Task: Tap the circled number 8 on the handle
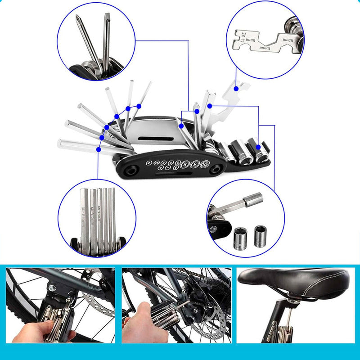(186, 164)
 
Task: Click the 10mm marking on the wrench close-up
(287, 40)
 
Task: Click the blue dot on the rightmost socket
(259, 147)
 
